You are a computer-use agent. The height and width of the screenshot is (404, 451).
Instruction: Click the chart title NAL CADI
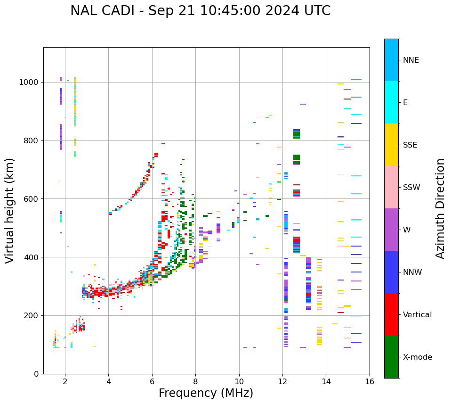200,11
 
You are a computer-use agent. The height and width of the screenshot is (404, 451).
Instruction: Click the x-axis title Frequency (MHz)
206,393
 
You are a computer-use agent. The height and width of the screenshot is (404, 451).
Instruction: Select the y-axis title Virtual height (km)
10,210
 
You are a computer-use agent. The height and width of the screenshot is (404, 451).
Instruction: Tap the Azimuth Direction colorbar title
440,208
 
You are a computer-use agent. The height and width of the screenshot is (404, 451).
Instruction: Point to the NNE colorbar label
411,60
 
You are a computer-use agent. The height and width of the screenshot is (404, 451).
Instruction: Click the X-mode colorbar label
418,357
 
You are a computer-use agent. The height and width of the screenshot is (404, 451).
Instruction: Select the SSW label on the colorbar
411,188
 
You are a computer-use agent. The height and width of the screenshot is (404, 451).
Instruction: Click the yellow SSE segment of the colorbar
391,145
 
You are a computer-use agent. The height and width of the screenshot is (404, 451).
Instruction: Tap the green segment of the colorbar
391,357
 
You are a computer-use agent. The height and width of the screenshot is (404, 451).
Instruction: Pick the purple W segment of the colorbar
391,230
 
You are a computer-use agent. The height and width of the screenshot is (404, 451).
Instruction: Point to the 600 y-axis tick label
32,199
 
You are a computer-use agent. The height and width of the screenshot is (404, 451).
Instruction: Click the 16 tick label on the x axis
369,381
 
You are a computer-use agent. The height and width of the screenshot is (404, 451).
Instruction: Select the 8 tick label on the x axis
195,381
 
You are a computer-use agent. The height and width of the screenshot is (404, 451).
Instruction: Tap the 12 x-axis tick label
282,381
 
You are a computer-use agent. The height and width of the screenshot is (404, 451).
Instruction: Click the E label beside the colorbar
405,103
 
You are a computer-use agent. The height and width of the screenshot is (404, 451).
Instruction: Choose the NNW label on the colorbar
412,272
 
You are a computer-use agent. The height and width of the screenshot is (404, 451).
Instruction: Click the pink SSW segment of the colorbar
391,187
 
